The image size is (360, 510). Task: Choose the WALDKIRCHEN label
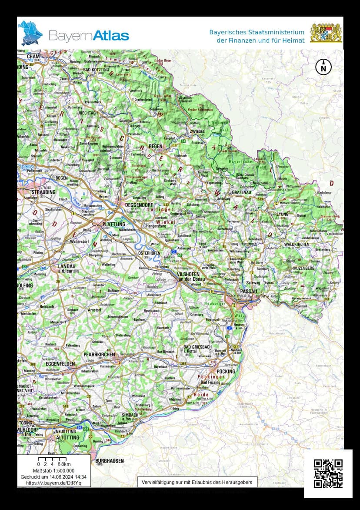tap(297, 245)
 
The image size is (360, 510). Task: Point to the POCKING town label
tap(226, 372)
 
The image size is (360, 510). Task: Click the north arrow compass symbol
tap(323, 67)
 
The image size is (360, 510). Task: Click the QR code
tap(328, 473)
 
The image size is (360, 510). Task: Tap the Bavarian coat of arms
tap(326, 33)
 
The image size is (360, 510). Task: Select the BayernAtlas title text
tap(89, 35)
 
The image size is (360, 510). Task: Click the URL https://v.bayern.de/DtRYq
tap(53, 483)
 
